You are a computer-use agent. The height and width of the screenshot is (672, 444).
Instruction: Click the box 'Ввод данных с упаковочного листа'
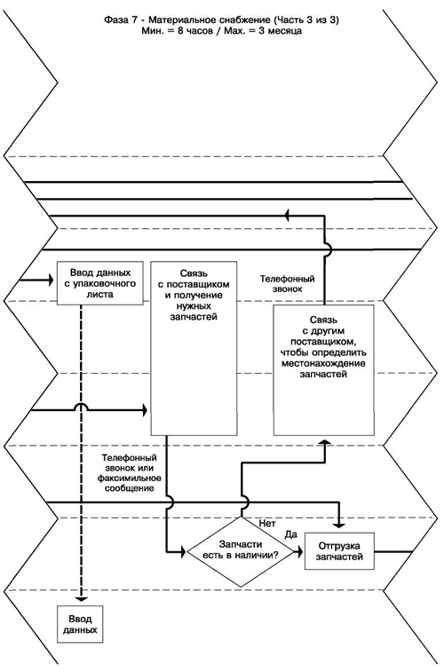pos(100,283)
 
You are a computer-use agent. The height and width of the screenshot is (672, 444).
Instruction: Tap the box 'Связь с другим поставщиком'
pos(323,370)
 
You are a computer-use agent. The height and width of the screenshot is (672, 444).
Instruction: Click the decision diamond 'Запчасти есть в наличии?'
pos(241,551)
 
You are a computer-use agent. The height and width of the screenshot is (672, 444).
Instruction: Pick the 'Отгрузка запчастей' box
pos(339,551)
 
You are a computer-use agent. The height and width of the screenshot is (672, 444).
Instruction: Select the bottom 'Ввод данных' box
pos(80,624)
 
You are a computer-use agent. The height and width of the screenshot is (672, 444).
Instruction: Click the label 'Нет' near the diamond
pos(267,523)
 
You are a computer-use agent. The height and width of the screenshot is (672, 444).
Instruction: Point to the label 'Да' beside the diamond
pos(291,534)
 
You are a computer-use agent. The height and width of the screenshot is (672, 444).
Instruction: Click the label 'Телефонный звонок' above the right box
pos(287,284)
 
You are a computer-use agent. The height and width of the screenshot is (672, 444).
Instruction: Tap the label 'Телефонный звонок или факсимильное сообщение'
pos(129,473)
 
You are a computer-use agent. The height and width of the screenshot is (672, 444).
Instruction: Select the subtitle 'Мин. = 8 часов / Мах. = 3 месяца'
pos(221,31)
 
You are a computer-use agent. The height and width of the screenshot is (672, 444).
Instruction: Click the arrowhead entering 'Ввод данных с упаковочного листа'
pos(50,281)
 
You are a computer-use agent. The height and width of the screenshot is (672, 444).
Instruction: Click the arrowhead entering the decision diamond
pos(183,551)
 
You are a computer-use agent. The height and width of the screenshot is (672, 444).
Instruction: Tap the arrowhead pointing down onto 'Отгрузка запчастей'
pos(339,524)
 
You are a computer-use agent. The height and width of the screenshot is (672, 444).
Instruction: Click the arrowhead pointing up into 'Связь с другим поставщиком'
pos(324,441)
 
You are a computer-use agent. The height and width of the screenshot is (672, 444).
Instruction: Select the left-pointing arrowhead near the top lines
pos(288,216)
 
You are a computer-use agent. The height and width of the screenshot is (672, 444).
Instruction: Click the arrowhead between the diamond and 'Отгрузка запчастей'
pos(300,551)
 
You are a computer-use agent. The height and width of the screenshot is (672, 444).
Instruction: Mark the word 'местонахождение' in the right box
pos(324,364)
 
